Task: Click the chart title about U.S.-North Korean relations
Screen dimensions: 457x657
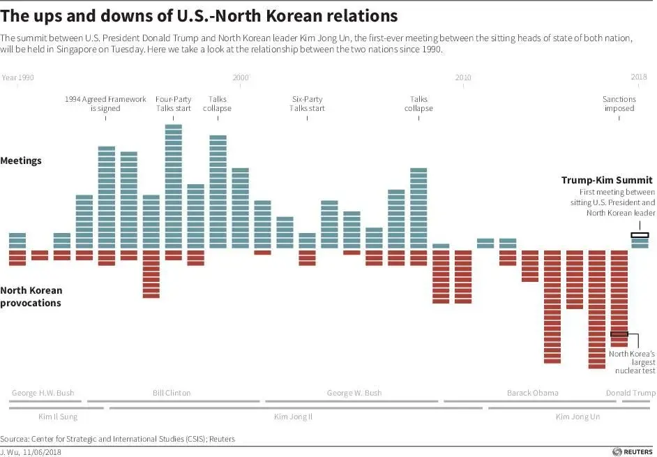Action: click(x=199, y=16)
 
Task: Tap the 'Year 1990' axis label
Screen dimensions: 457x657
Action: click(x=18, y=77)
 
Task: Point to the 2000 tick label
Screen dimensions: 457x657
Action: click(x=240, y=77)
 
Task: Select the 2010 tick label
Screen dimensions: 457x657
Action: click(x=463, y=77)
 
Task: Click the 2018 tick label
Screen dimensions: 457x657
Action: click(x=639, y=77)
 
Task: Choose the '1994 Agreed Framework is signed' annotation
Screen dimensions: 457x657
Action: click(x=105, y=104)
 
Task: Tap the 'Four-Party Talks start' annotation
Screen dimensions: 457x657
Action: click(x=172, y=104)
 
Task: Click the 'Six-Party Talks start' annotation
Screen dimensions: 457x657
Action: click(x=307, y=104)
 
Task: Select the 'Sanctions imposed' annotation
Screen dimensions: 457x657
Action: click(x=619, y=104)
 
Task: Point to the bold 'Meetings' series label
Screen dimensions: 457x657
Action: click(x=21, y=161)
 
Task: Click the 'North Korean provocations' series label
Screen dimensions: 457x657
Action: click(x=31, y=297)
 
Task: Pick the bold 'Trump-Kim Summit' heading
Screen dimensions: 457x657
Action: click(x=607, y=180)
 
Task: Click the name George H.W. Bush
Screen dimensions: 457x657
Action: click(x=43, y=393)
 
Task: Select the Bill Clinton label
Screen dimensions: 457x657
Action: click(x=172, y=393)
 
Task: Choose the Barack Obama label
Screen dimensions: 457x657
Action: click(x=532, y=393)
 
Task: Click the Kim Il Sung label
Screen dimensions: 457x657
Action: click(x=57, y=417)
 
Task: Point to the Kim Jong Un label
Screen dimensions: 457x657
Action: click(x=577, y=417)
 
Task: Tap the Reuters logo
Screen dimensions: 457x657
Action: click(x=633, y=451)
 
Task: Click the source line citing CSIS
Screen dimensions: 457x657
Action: click(x=117, y=439)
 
